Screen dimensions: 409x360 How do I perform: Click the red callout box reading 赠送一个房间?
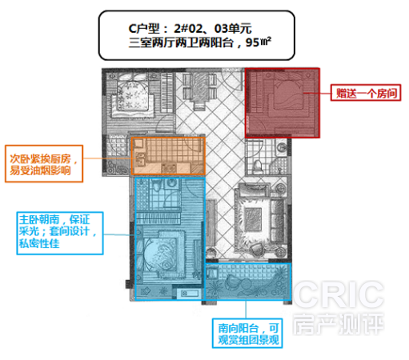click(366, 93)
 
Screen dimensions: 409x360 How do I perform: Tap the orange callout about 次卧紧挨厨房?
click(44, 164)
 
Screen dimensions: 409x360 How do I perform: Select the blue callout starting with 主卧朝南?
click(60, 234)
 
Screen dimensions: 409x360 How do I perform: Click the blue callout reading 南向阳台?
click(247, 334)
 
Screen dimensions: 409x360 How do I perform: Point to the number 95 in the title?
click(253, 42)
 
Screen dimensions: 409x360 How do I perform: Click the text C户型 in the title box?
click(144, 29)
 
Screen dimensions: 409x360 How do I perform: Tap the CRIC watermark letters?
click(339, 294)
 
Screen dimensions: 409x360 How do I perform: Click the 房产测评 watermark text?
click(339, 324)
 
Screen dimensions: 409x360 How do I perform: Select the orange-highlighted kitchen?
click(168, 156)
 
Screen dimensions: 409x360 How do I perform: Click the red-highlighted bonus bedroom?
click(283, 103)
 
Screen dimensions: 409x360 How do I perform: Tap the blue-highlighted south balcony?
click(248, 282)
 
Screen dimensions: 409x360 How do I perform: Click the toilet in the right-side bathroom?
click(257, 166)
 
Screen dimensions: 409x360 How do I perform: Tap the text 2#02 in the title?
click(188, 29)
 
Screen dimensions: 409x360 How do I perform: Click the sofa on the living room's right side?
click(278, 220)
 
